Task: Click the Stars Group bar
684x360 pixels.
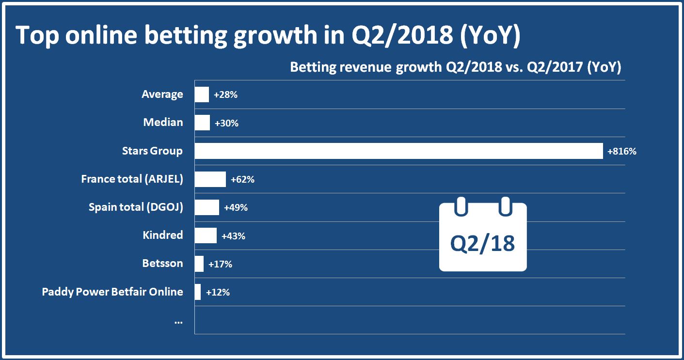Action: coord(398,151)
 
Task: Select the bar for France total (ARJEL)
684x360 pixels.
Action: coord(210,179)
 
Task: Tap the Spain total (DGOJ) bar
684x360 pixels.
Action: coord(207,207)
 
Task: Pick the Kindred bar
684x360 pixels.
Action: coord(206,235)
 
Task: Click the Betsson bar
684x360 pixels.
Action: coord(199,264)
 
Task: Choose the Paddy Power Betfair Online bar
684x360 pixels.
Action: coord(198,292)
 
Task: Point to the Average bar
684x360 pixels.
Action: coord(202,94)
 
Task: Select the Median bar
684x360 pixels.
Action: coord(202,123)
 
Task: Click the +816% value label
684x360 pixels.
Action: coord(621,151)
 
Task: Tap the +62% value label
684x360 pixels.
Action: coord(242,180)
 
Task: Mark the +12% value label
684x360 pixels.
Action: coord(218,292)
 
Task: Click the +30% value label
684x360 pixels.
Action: coord(226,123)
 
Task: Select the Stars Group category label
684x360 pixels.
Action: coord(152,151)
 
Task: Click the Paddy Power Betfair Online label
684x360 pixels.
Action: coord(112,292)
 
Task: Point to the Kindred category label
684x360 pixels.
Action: coord(163,235)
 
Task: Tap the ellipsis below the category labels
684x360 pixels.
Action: coord(178,321)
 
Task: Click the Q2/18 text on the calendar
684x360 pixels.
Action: coord(482,243)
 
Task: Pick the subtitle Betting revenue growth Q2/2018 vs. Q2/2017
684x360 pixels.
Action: coord(455,67)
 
